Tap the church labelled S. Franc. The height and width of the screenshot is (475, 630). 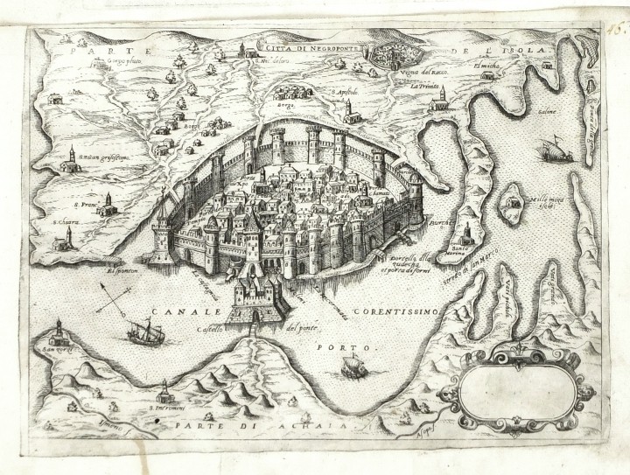pos(107,208)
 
